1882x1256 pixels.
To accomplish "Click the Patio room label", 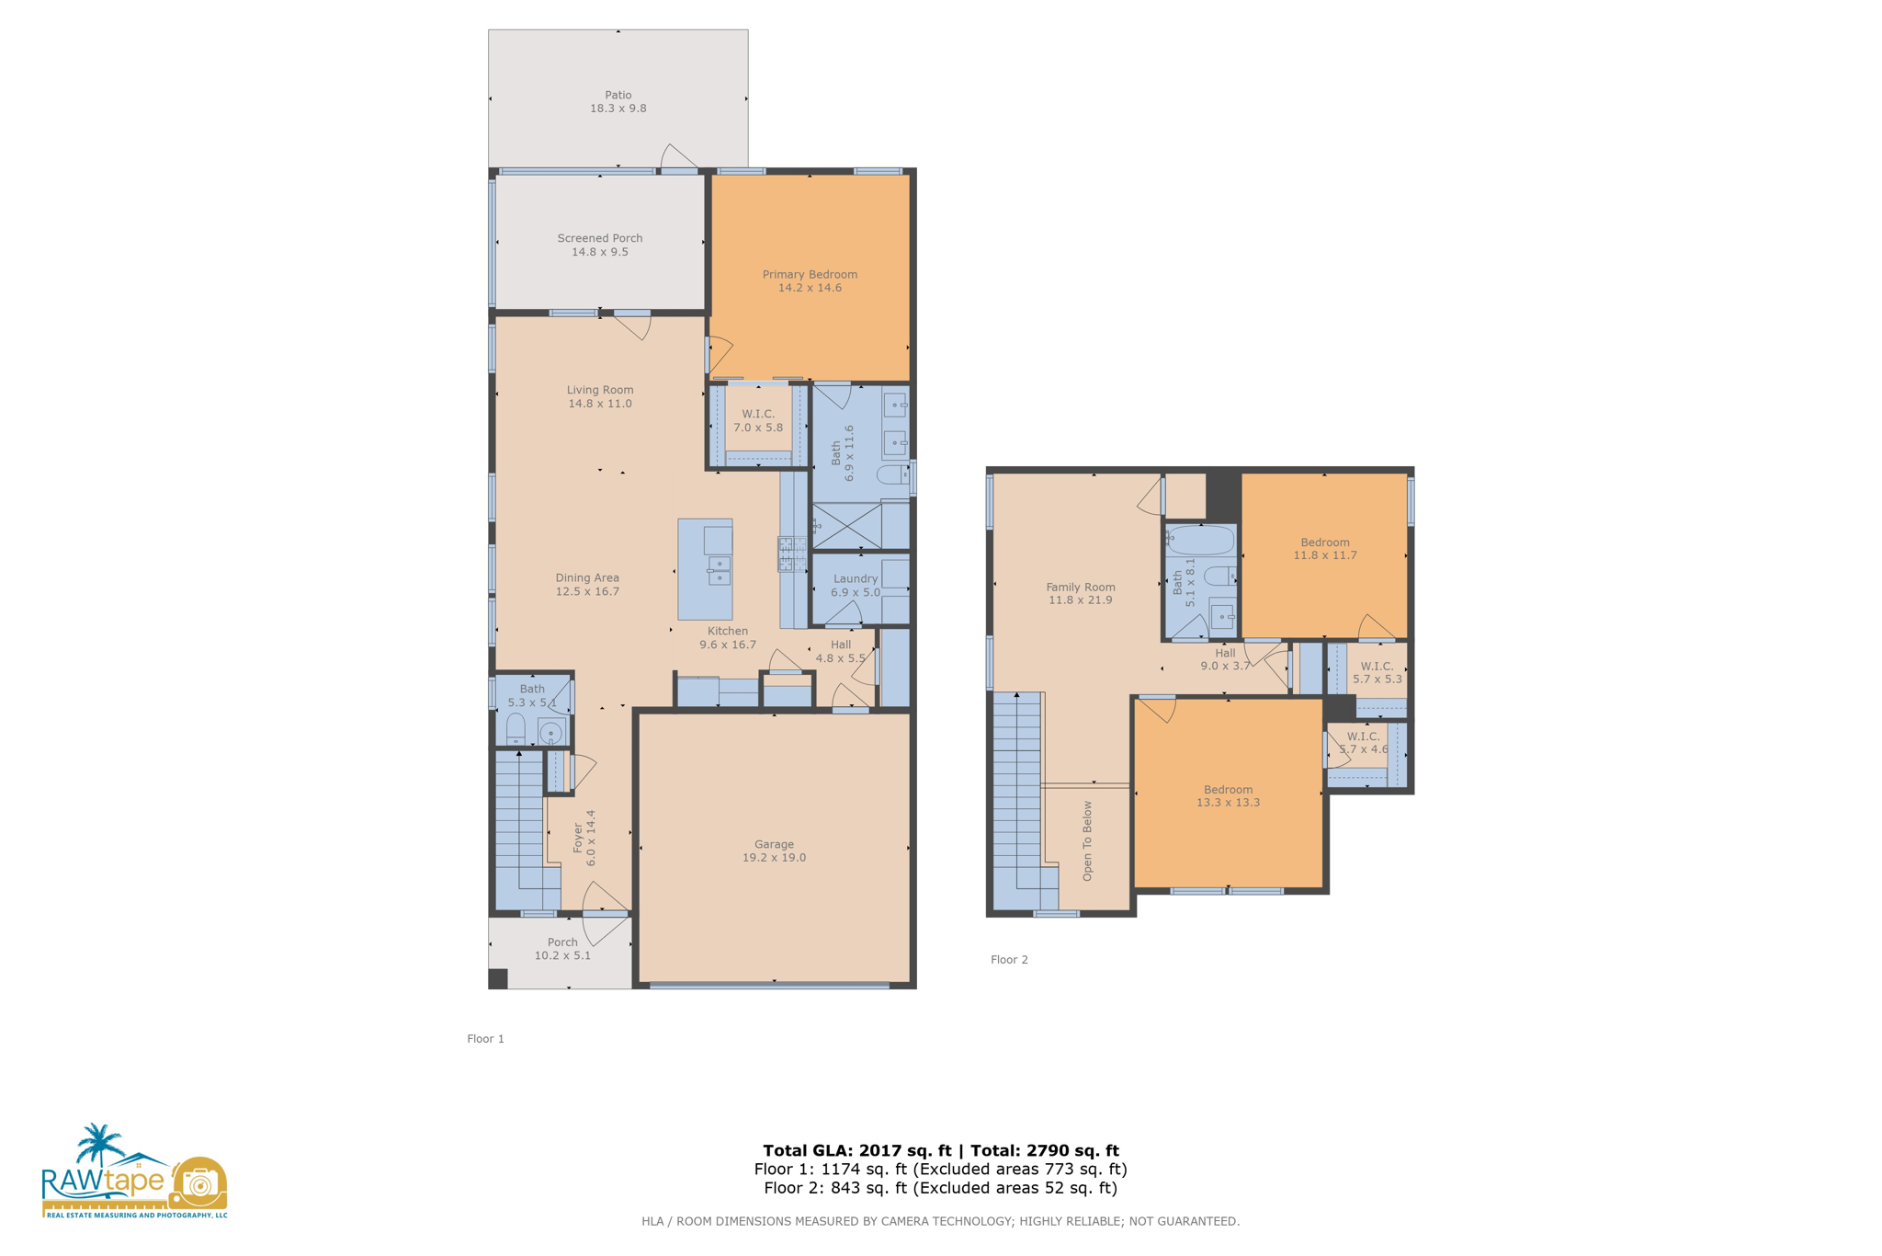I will pyautogui.click(x=618, y=95).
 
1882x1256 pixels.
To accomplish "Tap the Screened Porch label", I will pyautogui.click(x=599, y=238).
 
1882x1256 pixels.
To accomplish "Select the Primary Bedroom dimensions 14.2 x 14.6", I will pyautogui.click(x=809, y=288).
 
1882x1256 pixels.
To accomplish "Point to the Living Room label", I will pyautogui.click(x=599, y=390).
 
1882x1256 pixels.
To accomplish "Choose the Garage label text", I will pyautogui.click(x=773, y=844).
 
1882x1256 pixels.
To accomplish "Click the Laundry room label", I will pyautogui.click(x=855, y=578).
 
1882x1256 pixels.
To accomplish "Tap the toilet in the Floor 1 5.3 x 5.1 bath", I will pyautogui.click(x=516, y=727).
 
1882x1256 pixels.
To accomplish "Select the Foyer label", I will pyautogui.click(x=578, y=838).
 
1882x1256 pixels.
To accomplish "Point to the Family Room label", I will pyautogui.click(x=1080, y=587).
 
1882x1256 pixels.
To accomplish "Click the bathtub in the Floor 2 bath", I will pyautogui.click(x=1200, y=540).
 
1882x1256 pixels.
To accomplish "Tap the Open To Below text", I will pyautogui.click(x=1087, y=840).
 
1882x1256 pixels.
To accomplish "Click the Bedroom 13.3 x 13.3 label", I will pyautogui.click(x=1228, y=789).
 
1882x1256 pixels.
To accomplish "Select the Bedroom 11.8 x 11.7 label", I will pyautogui.click(x=1324, y=542).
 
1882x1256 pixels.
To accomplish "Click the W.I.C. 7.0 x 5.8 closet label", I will pyautogui.click(x=757, y=414).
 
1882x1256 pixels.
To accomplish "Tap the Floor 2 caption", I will pyautogui.click(x=1008, y=959).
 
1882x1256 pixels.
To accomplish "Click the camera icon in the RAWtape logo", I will pyautogui.click(x=198, y=1182).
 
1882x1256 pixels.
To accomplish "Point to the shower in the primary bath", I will pyautogui.click(x=846, y=526).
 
